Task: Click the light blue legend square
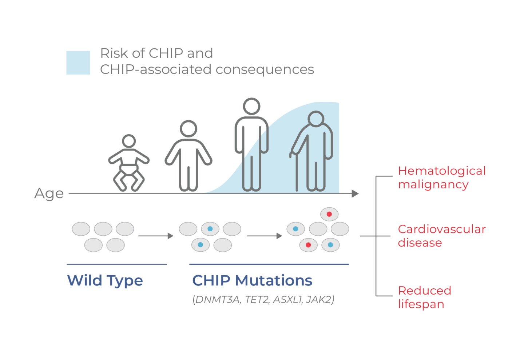click(x=78, y=63)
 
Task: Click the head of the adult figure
click(x=251, y=106)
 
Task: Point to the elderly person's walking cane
click(x=296, y=171)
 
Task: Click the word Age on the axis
click(x=49, y=193)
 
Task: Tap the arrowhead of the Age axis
click(x=355, y=193)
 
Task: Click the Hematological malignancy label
click(x=441, y=177)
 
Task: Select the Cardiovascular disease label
click(x=441, y=236)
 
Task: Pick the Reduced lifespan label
click(x=424, y=297)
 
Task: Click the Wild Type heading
click(x=105, y=280)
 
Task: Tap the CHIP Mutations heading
click(x=252, y=280)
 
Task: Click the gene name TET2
click(x=257, y=300)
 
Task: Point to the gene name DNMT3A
click(x=217, y=300)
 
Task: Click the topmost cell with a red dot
click(x=329, y=214)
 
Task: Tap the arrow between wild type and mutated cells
click(x=156, y=236)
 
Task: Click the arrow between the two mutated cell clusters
click(x=265, y=236)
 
